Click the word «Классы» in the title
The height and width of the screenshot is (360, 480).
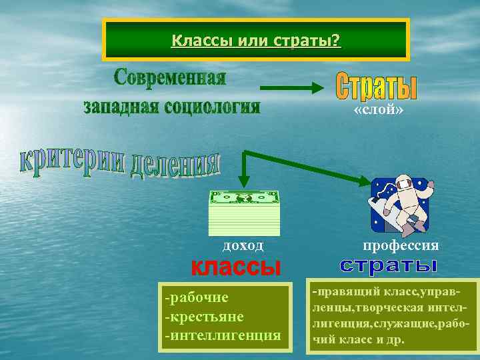point(197,41)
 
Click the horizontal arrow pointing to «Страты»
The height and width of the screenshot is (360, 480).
point(290,87)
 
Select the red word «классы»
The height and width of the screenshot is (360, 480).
point(236,267)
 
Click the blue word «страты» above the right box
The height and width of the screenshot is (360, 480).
point(387,266)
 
